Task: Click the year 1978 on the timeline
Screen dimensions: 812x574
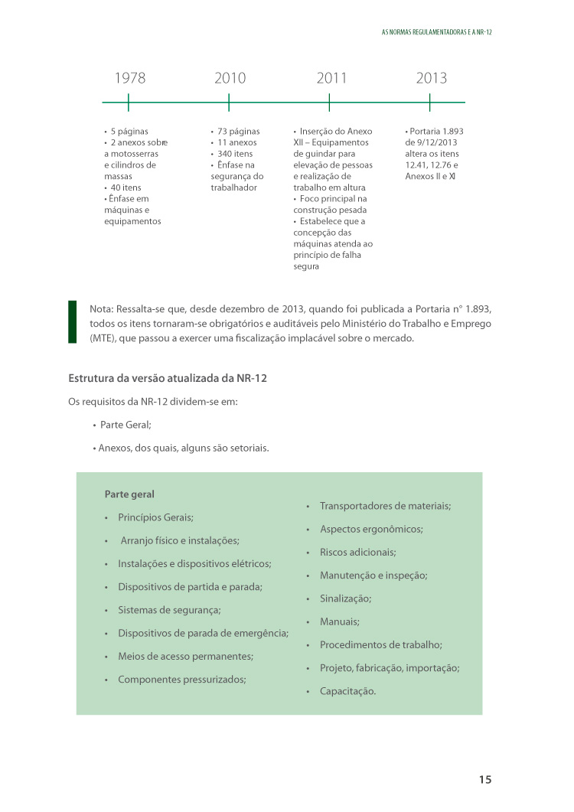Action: (129, 78)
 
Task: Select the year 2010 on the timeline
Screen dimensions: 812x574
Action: (230, 78)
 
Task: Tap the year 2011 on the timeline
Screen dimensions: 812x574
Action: (331, 78)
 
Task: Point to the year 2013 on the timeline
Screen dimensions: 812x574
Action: (432, 78)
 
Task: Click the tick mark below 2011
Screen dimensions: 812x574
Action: (329, 103)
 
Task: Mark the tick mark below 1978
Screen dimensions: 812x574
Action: (129, 103)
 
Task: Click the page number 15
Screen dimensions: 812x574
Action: (485, 780)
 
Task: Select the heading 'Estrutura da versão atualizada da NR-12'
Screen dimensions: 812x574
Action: (168, 378)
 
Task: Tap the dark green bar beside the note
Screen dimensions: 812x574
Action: (73, 321)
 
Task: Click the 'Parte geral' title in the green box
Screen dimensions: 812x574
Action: (129, 494)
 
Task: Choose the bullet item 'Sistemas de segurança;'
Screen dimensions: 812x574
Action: (169, 610)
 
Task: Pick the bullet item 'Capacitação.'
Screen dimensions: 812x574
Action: (347, 691)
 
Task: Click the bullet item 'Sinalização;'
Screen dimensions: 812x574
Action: (345, 598)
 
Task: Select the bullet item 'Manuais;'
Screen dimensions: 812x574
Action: (339, 621)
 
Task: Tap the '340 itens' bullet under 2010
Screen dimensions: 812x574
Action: (234, 154)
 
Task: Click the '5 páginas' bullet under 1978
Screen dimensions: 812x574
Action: (129, 131)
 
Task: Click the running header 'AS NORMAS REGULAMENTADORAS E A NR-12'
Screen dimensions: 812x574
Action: (435, 34)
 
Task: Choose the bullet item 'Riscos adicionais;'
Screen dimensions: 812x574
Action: (357, 552)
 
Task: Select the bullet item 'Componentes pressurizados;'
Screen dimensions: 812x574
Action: (181, 679)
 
